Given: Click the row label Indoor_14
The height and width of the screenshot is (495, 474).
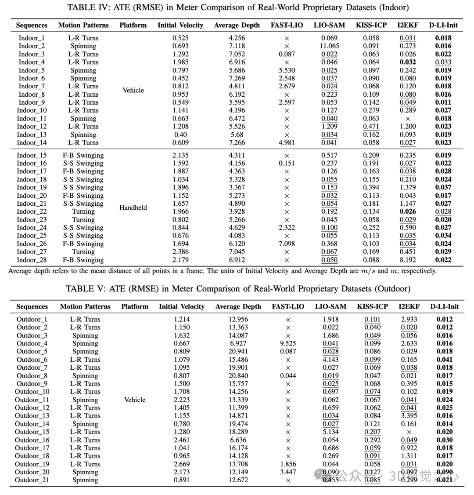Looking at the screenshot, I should (32, 142).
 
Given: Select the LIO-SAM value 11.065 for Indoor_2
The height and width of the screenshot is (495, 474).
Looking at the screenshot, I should (329, 46).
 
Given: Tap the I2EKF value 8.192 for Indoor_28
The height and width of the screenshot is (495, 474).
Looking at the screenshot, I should (408, 260).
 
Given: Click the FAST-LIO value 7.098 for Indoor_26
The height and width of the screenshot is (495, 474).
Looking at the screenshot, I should (287, 244).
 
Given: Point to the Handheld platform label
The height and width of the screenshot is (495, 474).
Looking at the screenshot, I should (133, 207).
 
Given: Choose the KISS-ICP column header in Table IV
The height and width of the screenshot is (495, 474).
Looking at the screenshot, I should (371, 25).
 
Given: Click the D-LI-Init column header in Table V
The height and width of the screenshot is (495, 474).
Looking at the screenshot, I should (444, 306).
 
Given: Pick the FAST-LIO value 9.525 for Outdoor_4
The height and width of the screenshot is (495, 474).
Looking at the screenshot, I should (288, 343).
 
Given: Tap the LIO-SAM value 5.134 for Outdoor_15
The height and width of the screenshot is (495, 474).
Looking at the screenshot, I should (330, 432).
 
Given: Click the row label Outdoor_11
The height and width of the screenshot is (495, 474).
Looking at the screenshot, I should (32, 400).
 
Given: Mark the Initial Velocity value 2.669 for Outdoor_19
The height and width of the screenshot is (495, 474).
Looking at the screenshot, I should (182, 464).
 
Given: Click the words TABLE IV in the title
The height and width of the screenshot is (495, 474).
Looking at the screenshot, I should (86, 7).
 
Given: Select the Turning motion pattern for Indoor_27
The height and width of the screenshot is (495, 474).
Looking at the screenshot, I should (83, 251).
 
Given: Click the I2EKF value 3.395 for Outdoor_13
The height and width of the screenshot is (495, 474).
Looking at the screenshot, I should (409, 415).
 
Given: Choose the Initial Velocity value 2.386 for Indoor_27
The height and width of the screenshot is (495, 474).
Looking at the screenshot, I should (180, 251).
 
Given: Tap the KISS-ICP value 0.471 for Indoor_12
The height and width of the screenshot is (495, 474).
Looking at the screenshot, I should (371, 126).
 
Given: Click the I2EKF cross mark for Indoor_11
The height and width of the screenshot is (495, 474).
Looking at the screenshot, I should (408, 118).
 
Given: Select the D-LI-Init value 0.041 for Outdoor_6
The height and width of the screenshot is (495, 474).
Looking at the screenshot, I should (444, 359).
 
